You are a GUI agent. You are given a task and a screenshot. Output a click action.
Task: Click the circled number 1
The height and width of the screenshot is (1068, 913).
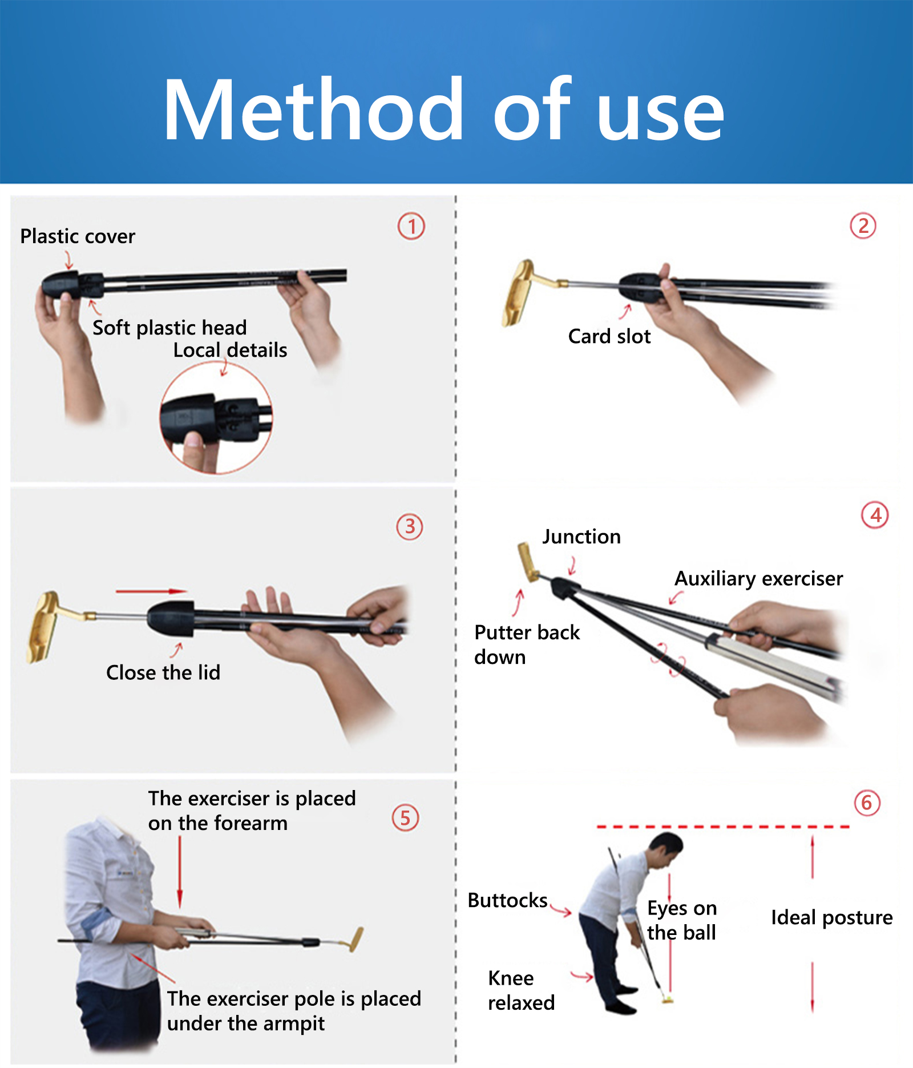click(x=411, y=226)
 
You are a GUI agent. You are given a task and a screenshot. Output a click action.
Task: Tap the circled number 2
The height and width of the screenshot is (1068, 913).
click(x=863, y=225)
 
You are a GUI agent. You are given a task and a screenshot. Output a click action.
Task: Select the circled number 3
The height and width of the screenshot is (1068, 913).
click(x=410, y=526)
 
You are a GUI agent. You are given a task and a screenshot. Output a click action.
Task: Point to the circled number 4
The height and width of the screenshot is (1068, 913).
click(x=875, y=515)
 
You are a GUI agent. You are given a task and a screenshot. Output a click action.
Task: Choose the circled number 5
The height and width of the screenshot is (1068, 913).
click(x=405, y=817)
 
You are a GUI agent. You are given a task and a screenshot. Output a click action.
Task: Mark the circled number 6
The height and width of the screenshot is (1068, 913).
click(x=867, y=803)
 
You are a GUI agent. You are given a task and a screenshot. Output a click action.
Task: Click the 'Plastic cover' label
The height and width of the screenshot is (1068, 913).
click(x=78, y=236)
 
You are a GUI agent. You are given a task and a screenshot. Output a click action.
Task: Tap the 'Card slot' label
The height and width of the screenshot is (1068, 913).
click(x=609, y=336)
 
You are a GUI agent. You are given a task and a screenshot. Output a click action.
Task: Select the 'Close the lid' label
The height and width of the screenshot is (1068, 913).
click(x=163, y=672)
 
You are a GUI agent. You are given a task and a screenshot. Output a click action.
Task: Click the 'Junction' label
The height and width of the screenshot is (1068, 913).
click(x=581, y=537)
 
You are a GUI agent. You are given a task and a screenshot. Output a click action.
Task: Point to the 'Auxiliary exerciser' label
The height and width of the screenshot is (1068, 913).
click(x=759, y=579)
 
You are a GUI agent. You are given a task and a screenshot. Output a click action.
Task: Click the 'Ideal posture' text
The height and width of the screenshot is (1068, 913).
click(x=832, y=918)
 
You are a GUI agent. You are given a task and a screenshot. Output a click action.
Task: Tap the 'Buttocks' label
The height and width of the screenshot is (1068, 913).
click(x=508, y=900)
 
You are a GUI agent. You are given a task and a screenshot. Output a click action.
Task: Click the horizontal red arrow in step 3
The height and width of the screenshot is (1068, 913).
click(x=151, y=591)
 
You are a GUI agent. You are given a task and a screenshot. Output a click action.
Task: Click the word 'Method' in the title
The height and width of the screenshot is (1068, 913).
click(x=314, y=109)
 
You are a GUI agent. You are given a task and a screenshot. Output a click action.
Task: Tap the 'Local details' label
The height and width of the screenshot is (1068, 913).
click(x=230, y=350)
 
